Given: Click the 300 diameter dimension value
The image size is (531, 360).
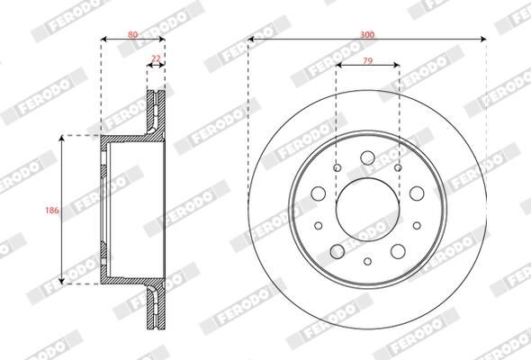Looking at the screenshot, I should click(366, 33).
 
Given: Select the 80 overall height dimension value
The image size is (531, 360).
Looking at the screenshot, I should click(132, 33).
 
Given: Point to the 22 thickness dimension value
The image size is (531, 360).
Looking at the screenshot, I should click(156, 58).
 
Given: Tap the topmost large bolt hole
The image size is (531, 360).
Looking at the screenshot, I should click(367, 160).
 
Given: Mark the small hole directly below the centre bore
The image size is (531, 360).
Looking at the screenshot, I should click(367, 261).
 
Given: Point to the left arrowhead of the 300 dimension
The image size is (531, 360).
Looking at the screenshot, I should click(252, 40).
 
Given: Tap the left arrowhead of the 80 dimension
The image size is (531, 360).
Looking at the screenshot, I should click(103, 40).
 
